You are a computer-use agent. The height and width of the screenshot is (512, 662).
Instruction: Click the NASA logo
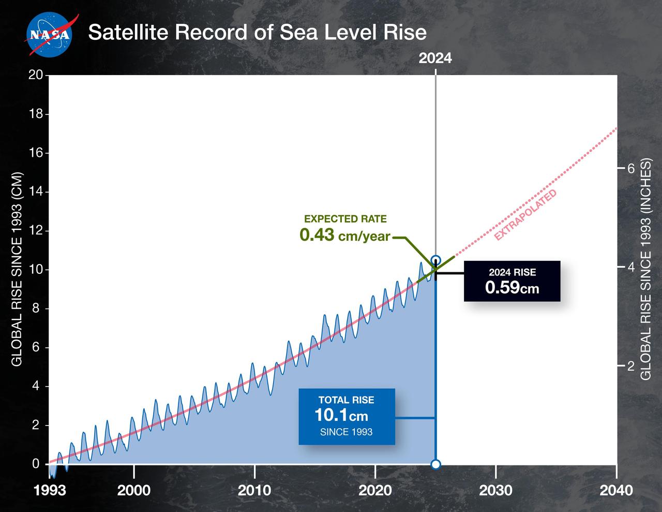49,34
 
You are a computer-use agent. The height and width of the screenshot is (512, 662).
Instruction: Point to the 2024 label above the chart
435,58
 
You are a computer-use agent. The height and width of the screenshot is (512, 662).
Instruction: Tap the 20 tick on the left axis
35,75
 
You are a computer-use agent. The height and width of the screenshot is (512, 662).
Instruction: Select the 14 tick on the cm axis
35,192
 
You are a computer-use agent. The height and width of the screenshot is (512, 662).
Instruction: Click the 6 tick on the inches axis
630,168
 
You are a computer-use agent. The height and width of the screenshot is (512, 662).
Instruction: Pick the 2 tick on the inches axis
630,365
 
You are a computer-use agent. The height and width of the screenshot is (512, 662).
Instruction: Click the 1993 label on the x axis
50,490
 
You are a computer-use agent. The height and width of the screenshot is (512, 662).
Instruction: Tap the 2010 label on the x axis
254,490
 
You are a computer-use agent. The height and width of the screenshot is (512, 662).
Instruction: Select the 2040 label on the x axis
616,490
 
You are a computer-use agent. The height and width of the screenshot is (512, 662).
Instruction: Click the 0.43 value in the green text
317,236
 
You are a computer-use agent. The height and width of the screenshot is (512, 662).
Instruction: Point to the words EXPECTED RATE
345,219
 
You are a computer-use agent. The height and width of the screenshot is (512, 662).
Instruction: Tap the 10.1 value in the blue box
332,415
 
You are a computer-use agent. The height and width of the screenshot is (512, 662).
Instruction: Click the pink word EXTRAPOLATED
525,215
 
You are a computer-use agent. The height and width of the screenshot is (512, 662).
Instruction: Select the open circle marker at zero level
435,464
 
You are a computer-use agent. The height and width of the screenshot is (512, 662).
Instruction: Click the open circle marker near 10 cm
435,260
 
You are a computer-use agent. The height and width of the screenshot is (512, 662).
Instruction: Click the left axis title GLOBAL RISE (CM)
17,269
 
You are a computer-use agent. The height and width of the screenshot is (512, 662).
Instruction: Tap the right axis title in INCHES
646,269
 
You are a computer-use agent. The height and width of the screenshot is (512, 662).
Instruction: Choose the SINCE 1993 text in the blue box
346,432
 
